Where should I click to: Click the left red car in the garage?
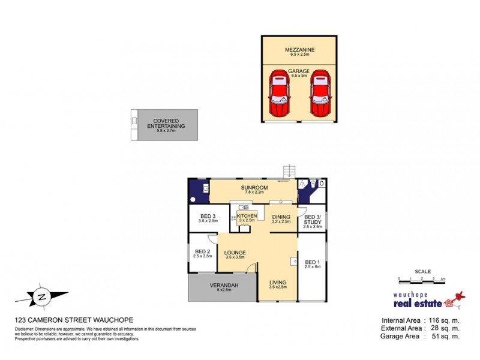click(278, 94)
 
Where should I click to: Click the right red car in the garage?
click(320, 94)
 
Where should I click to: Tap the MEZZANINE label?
click(299, 50)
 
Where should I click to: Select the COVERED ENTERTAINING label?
click(166, 124)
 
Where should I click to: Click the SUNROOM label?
click(254, 188)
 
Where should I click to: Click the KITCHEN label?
click(247, 216)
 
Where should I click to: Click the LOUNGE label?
click(236, 253)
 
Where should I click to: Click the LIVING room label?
click(278, 283)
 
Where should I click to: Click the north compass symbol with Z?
click(41, 296)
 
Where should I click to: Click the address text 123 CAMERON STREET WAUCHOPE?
click(74, 320)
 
